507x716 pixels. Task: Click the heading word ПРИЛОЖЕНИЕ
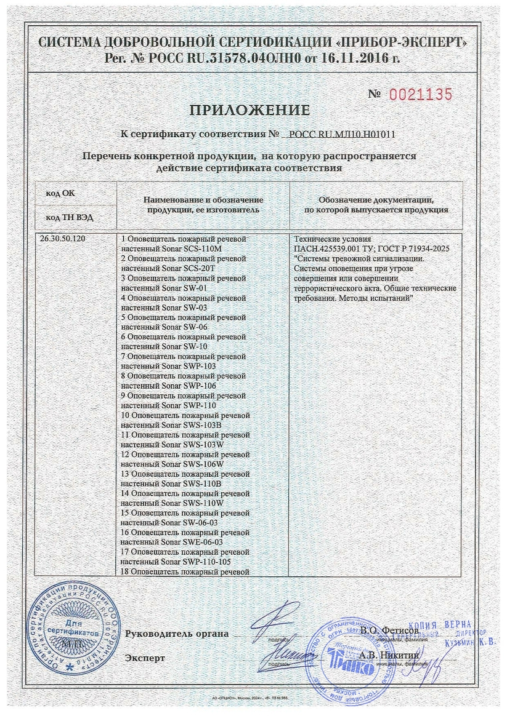coord(249,111)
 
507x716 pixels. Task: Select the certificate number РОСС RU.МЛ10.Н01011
coord(342,133)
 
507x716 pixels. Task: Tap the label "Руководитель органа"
coord(177,634)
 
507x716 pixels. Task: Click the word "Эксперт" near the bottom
coord(145,658)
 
